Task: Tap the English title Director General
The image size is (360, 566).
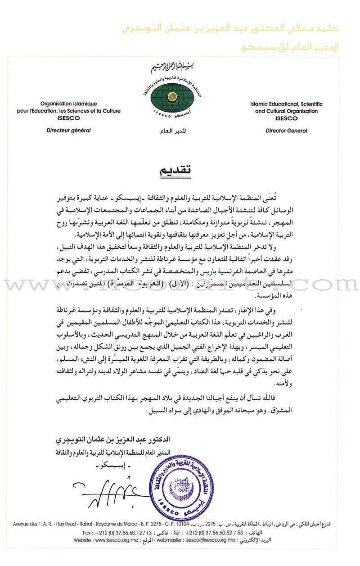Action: point(286,131)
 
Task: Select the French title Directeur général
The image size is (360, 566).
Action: point(69,131)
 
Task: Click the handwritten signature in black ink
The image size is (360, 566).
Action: point(112,493)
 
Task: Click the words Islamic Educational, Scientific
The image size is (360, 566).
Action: point(286,104)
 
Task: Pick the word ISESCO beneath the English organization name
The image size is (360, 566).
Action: point(286,118)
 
